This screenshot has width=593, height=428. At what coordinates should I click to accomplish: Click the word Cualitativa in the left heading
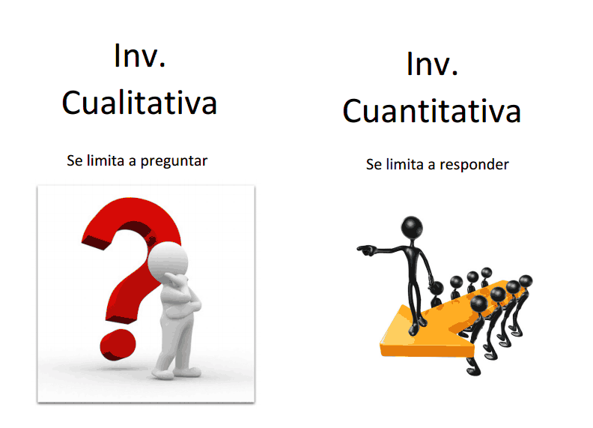pyautogui.click(x=139, y=103)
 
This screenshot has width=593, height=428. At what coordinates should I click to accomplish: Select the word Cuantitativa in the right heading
pyautogui.click(x=432, y=112)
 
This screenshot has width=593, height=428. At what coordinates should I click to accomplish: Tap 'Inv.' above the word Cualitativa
pyautogui.click(x=139, y=56)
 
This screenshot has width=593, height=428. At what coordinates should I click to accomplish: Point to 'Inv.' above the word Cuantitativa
pyautogui.click(x=432, y=64)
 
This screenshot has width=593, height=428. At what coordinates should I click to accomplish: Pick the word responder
pyautogui.click(x=472, y=164)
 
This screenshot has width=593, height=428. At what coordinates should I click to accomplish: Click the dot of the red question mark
pyautogui.click(x=118, y=344)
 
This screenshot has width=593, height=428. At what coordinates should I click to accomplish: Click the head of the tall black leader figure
pyautogui.click(x=412, y=226)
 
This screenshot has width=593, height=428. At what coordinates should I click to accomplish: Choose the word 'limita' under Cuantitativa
pyautogui.click(x=405, y=163)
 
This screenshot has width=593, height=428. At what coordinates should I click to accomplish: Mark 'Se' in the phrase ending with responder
pyautogui.click(x=374, y=163)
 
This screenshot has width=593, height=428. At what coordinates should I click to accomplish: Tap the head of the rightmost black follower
pyautogui.click(x=526, y=281)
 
